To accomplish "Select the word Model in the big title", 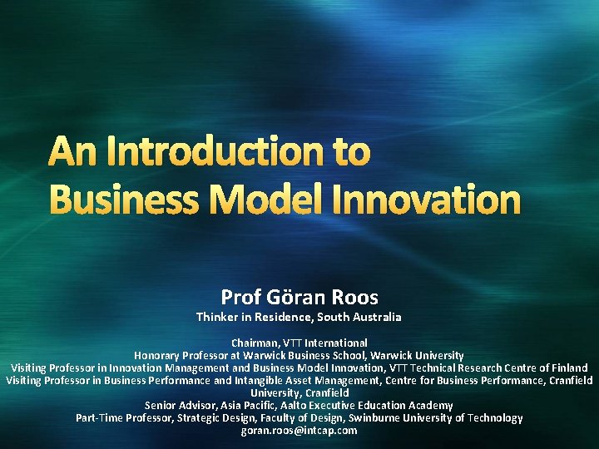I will click(277, 200).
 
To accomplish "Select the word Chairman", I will click(256, 343).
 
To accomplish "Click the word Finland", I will click(567, 368).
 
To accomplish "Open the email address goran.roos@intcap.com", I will click(299, 430).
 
